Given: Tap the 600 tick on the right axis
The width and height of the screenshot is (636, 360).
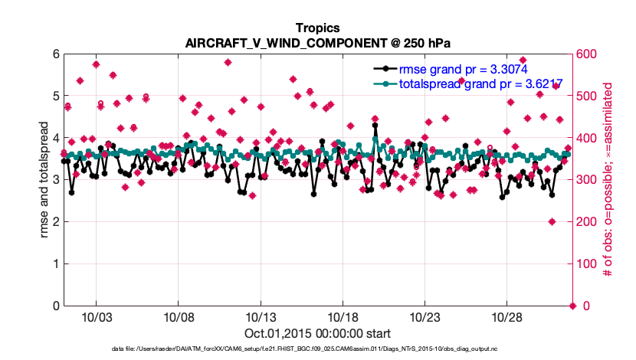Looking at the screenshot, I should (585, 54).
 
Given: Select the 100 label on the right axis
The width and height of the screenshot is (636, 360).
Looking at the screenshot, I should (585, 264).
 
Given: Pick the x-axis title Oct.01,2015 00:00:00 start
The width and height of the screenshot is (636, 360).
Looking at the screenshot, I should (317, 334).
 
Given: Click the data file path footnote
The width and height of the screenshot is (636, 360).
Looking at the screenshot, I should (317, 349).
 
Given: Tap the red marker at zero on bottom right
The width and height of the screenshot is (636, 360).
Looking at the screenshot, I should (572, 306).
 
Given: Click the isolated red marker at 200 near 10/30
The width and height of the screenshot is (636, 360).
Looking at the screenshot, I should (552, 222).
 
